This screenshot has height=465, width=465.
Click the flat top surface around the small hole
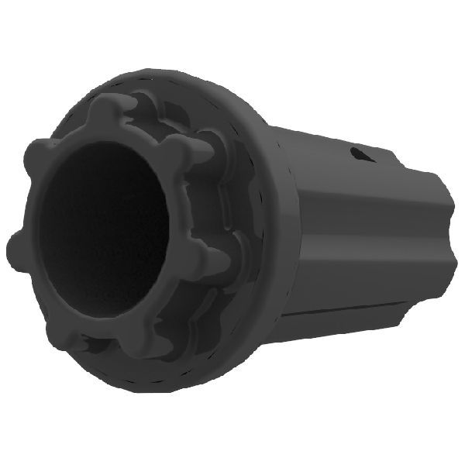(333, 147)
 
